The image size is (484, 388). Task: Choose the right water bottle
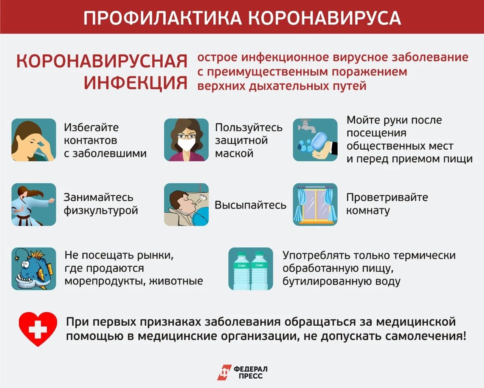pos(259,271)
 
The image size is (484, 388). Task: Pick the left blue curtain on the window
pos(301,204)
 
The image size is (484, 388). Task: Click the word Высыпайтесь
pos(250,205)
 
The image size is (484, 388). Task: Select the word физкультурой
pos(101,210)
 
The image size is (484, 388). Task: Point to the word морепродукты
pos(105,281)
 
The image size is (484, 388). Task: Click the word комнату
pos(368,210)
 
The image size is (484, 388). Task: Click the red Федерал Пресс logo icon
pos(224,373)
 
